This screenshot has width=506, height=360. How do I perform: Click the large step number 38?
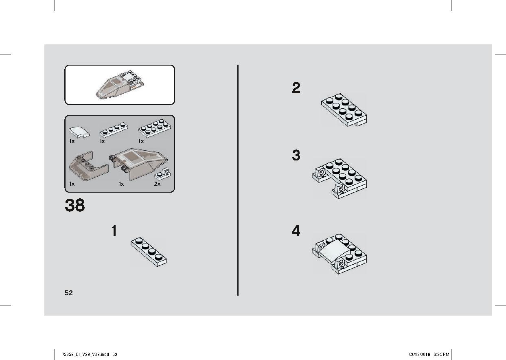[x=75, y=205]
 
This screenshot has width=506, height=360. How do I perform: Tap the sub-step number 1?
[x=114, y=230]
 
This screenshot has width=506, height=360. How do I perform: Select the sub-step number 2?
[x=296, y=88]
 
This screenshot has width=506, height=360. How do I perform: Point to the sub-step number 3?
[x=296, y=155]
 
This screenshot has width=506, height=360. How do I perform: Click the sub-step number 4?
[x=296, y=230]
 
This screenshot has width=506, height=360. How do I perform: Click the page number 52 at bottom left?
[x=69, y=293]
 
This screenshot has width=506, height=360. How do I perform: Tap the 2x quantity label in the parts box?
[x=157, y=184]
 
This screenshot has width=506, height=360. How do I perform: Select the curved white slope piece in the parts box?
[x=79, y=132]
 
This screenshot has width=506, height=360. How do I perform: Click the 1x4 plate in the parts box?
[x=114, y=130]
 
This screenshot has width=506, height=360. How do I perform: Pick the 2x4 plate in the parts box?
[x=155, y=128]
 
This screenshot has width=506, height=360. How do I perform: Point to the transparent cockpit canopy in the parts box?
[x=139, y=164]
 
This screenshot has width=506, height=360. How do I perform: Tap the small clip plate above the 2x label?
[x=163, y=174]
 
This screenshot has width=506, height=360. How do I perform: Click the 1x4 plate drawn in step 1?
[x=149, y=252]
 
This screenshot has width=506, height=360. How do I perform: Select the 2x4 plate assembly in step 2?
[x=344, y=110]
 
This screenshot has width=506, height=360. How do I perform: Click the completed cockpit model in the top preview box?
[x=120, y=85]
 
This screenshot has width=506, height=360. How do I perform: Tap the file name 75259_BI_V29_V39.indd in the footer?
[x=85, y=354]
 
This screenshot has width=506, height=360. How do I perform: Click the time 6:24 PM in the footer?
[x=441, y=354]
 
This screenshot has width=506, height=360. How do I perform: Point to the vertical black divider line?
[x=238, y=180]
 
